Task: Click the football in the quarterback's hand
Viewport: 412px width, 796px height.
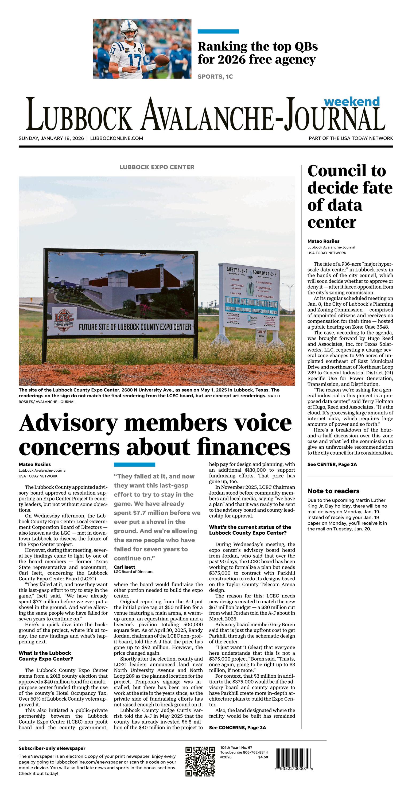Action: tap(161, 59)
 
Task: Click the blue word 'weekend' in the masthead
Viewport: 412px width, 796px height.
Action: tap(352, 101)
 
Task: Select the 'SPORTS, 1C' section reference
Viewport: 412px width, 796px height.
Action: tap(215, 77)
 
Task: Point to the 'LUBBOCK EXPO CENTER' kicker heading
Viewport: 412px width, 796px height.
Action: tap(157, 167)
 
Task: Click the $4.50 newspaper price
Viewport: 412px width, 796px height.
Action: tap(263, 757)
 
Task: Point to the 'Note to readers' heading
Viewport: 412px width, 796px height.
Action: tap(333, 491)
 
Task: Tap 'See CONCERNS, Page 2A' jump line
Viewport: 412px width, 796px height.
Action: tap(237, 727)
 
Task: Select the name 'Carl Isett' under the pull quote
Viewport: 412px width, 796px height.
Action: tap(125, 567)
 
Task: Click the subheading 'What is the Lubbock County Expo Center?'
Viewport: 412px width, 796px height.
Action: tap(46, 656)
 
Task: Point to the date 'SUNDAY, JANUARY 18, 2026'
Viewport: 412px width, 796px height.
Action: tap(51, 138)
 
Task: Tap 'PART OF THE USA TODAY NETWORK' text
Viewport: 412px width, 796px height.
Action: tap(351, 138)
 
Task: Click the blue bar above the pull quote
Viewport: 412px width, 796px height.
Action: tap(134, 464)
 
